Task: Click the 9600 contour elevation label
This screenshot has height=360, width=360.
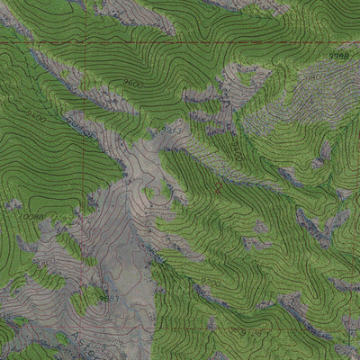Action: point(133,84)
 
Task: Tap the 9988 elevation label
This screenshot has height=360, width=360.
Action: point(338,57)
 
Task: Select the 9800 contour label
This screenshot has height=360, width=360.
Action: point(315,78)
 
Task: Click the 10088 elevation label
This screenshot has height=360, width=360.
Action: point(33,217)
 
